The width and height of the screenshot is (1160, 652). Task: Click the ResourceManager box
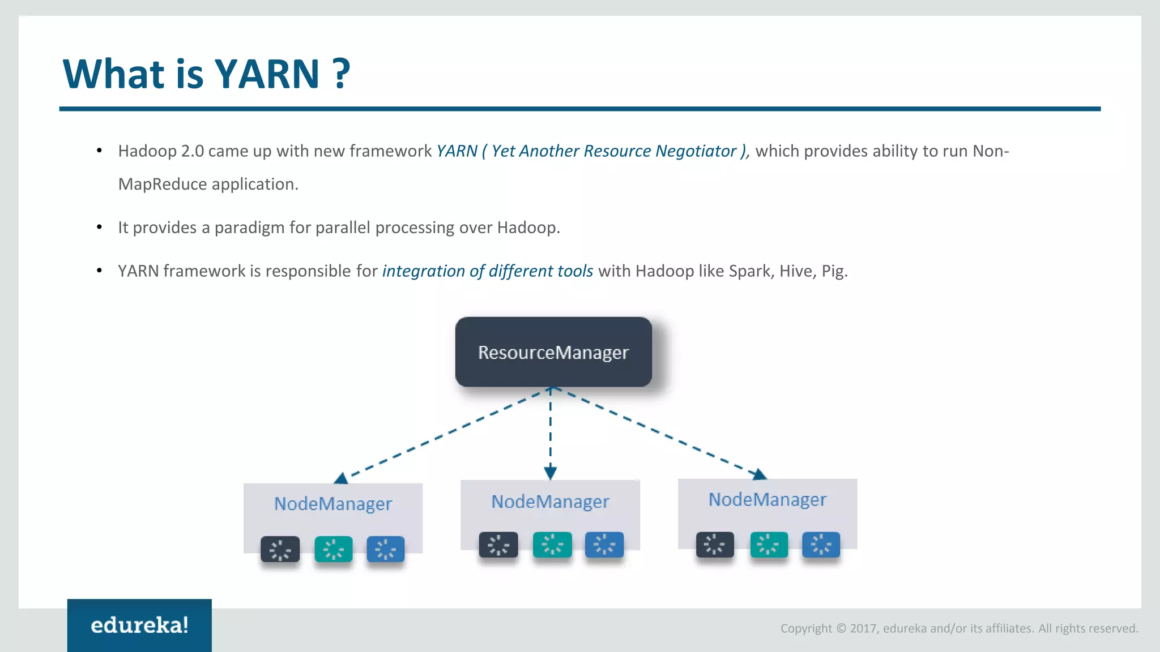pyautogui.click(x=553, y=352)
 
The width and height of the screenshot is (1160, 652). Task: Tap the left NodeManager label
pyautogui.click(x=333, y=504)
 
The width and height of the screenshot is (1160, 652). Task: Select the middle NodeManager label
pyautogui.click(x=550, y=501)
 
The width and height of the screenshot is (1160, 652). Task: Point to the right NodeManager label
pyautogui.click(x=767, y=499)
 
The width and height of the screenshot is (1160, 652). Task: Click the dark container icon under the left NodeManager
pyautogui.click(x=280, y=549)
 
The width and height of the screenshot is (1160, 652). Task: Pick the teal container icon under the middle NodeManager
pyautogui.click(x=552, y=545)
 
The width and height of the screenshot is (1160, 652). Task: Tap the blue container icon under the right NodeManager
pyautogui.click(x=821, y=544)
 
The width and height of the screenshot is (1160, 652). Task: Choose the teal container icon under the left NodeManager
pyautogui.click(x=334, y=549)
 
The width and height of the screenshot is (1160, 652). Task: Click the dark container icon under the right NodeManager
pyautogui.click(x=715, y=544)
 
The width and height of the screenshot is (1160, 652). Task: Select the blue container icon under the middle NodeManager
pyautogui.click(x=604, y=545)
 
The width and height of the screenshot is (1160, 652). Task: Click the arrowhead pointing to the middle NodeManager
pyautogui.click(x=550, y=473)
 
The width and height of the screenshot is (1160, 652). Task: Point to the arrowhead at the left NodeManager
pyautogui.click(x=342, y=479)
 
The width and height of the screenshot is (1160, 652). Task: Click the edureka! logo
pyautogui.click(x=139, y=625)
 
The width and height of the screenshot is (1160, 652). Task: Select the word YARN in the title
pyautogui.click(x=267, y=74)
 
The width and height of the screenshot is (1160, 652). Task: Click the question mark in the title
pyautogui.click(x=341, y=74)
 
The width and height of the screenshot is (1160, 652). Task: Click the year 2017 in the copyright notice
pyautogui.click(x=864, y=628)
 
